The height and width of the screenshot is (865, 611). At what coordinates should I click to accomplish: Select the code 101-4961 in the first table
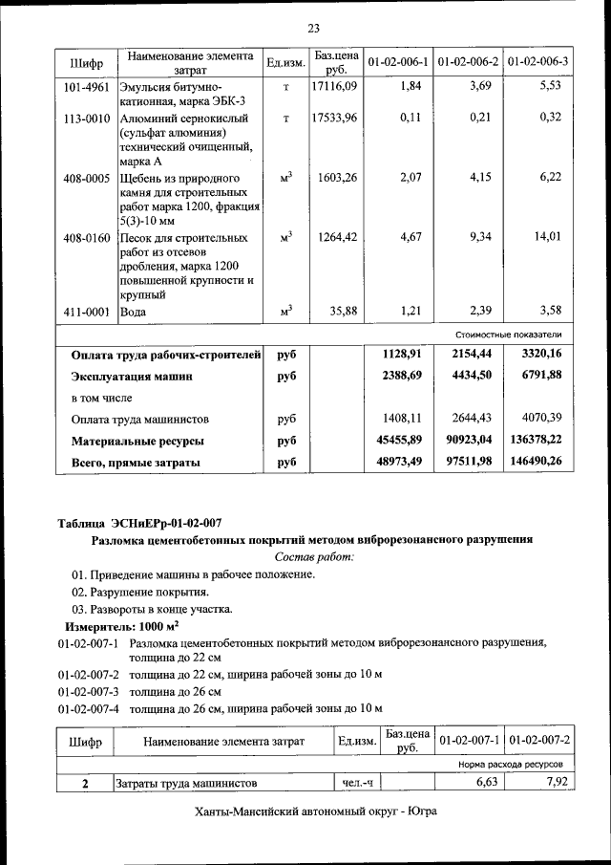coord(85,87)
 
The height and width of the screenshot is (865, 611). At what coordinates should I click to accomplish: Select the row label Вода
coord(132,312)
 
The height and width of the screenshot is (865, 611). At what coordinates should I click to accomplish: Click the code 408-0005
coord(85,178)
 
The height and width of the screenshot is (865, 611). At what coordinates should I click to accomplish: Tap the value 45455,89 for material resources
coord(395,441)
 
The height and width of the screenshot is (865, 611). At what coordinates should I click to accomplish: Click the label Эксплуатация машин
coord(133,377)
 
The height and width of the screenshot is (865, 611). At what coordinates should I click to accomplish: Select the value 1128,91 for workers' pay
coord(401,354)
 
